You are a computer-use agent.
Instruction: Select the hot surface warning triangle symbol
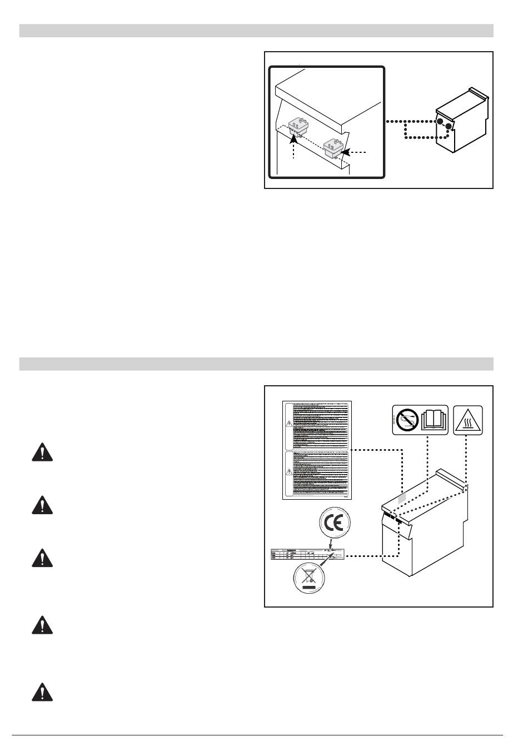[468, 421]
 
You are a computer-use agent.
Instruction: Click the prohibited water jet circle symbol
[407, 420]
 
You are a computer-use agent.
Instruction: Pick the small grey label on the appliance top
[402, 498]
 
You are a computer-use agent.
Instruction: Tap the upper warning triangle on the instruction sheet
[288, 423]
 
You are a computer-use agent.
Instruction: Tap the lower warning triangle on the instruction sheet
[288, 471]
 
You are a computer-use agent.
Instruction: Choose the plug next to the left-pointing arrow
[333, 146]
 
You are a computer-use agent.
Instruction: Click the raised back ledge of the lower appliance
[453, 477]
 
